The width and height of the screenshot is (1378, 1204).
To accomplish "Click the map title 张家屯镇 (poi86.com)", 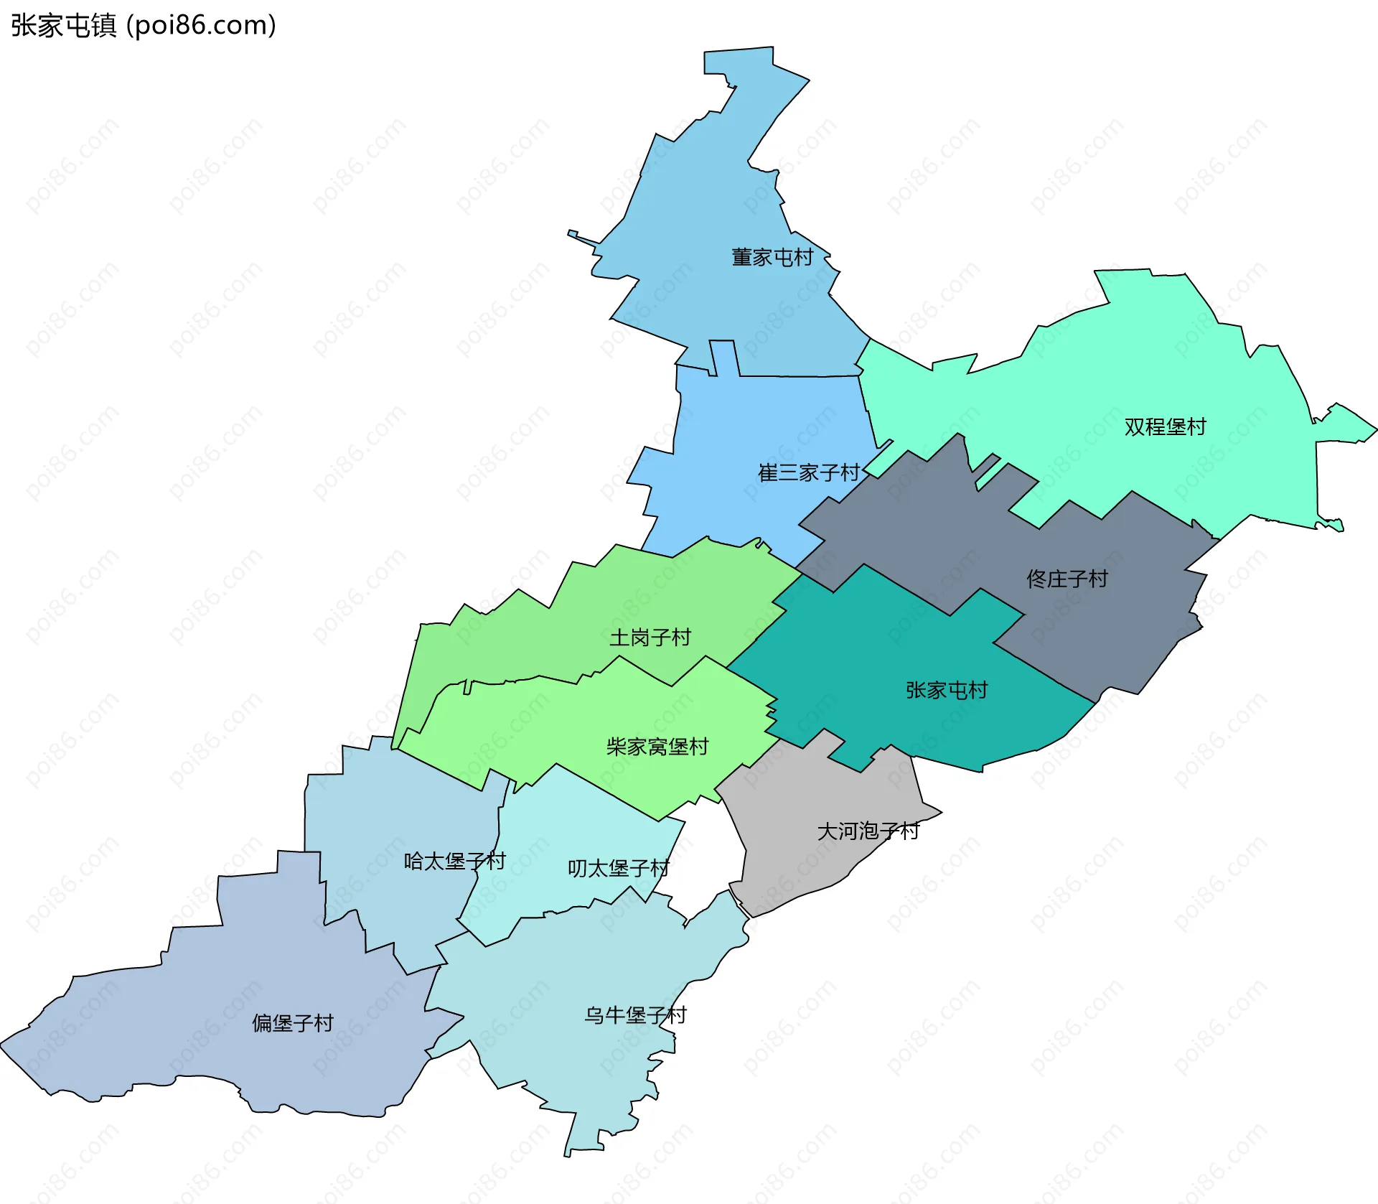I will coord(144,26).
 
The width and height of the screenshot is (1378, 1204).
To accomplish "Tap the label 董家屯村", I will coord(772,257).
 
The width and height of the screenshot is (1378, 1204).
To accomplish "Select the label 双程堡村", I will coord(1165,427).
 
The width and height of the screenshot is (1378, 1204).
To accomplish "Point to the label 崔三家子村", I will coord(809,472).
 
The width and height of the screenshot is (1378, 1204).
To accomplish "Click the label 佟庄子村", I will coord(1067,579).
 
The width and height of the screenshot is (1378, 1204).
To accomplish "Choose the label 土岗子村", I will coord(650,638).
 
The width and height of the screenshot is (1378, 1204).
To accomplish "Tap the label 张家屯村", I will coord(947,690).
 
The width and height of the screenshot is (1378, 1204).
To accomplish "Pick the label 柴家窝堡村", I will coord(657,747).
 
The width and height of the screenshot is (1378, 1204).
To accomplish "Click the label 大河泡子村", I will coord(868,831).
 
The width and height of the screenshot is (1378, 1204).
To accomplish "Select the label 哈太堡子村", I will coord(455,861).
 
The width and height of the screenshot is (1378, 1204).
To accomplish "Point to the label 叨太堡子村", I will coord(619,869).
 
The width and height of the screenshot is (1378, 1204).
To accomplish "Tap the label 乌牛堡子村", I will coord(636,1015).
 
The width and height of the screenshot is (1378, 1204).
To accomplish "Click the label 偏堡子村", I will coord(293,1023).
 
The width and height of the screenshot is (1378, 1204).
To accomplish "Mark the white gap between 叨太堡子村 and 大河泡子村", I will coord(703,854).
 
